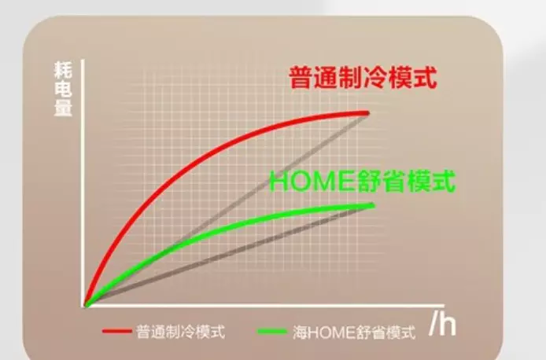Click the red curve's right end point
[x=367, y=113]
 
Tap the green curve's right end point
[x=373, y=206]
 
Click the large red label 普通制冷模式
[x=363, y=77]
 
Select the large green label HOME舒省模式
[x=363, y=181]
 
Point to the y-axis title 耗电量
[x=64, y=89]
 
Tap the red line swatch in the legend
[x=116, y=331]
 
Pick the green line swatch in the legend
[x=272, y=332]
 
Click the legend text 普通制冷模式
[x=180, y=332]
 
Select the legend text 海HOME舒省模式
[x=354, y=332]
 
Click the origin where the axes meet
[x=83, y=306]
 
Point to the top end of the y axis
[x=83, y=60]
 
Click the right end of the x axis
[x=444, y=306]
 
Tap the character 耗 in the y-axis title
[x=64, y=70]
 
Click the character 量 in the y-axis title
[x=64, y=108]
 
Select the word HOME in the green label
[x=313, y=182]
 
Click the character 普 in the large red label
[x=301, y=77]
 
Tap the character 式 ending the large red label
[x=426, y=77]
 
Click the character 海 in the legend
[x=300, y=332]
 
